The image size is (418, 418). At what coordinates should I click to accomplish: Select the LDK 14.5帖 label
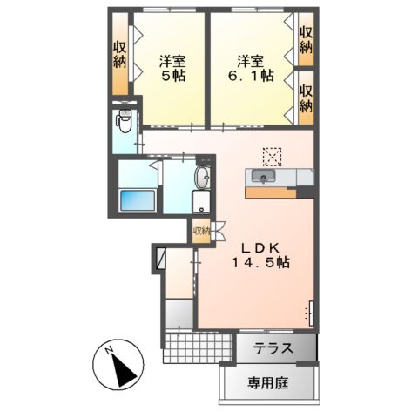(x=260, y=253)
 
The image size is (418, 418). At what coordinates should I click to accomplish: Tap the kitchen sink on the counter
(x=261, y=178)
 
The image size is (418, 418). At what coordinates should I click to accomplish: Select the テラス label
(x=273, y=349)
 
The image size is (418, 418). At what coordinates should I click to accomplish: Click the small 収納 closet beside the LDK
(x=201, y=232)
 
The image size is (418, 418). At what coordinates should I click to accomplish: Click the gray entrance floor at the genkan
(x=179, y=313)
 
